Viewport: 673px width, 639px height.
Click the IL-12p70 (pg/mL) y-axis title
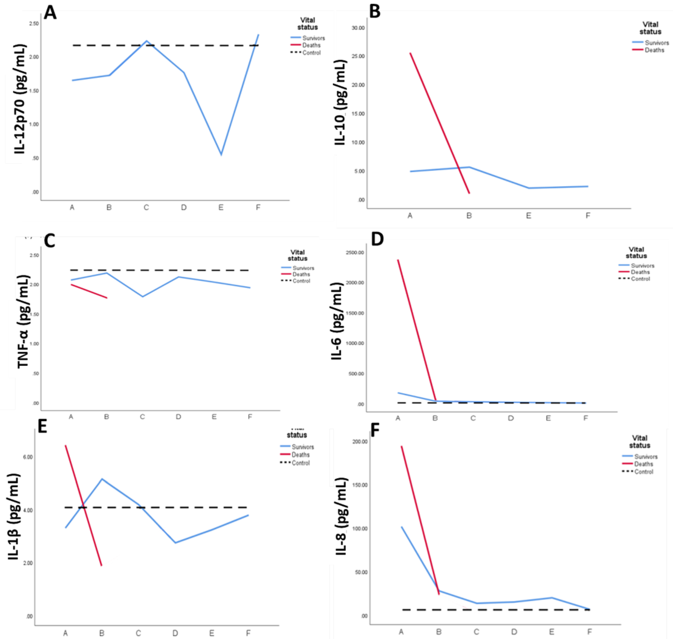click(x=20, y=99)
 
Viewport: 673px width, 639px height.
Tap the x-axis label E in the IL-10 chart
click(x=528, y=216)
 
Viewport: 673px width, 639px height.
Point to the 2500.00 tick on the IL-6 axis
click(x=355, y=252)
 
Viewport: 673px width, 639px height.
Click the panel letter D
click(x=377, y=239)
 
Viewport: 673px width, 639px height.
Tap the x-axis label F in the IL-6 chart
click(x=585, y=418)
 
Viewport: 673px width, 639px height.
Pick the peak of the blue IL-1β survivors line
click(x=102, y=479)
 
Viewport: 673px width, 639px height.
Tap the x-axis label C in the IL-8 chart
click(x=476, y=632)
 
